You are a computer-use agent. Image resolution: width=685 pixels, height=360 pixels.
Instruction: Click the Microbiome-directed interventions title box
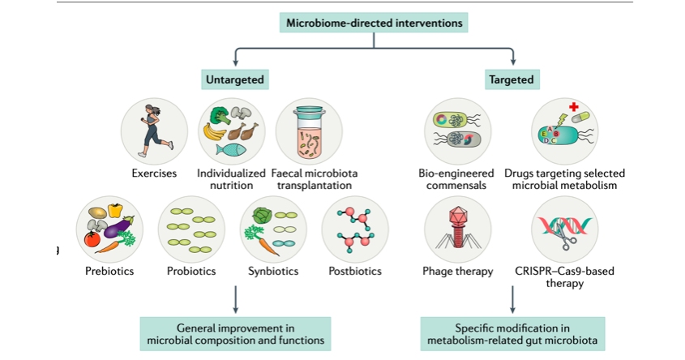373,23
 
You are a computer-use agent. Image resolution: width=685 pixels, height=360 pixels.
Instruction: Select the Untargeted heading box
234,79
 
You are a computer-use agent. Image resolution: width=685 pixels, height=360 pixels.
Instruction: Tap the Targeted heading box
511,79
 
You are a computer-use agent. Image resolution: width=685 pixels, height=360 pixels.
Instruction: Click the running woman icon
154,130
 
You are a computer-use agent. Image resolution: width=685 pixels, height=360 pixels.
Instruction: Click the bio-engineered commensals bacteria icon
457,131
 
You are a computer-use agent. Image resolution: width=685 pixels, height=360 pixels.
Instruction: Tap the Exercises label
154,174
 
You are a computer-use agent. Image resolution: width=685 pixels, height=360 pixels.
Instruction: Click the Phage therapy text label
457,271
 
